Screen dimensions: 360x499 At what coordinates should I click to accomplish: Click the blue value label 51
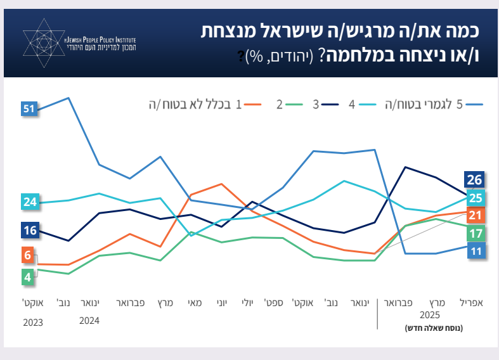pos(28,109)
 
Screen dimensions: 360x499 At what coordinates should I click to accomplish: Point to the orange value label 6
pos(28,255)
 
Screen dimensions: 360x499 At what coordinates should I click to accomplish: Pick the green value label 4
pos(28,276)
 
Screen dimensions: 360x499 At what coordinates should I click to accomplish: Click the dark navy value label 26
pos(475,179)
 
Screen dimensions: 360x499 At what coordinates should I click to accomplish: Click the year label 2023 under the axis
pos(33,322)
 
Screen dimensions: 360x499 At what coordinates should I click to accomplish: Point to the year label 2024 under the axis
pos(89,321)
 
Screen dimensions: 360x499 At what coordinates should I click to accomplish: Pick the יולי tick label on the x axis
pos(249,303)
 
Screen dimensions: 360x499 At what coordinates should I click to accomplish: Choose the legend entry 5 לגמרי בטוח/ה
pos(430,105)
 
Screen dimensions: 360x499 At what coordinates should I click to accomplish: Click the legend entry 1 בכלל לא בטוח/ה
pos(200,105)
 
